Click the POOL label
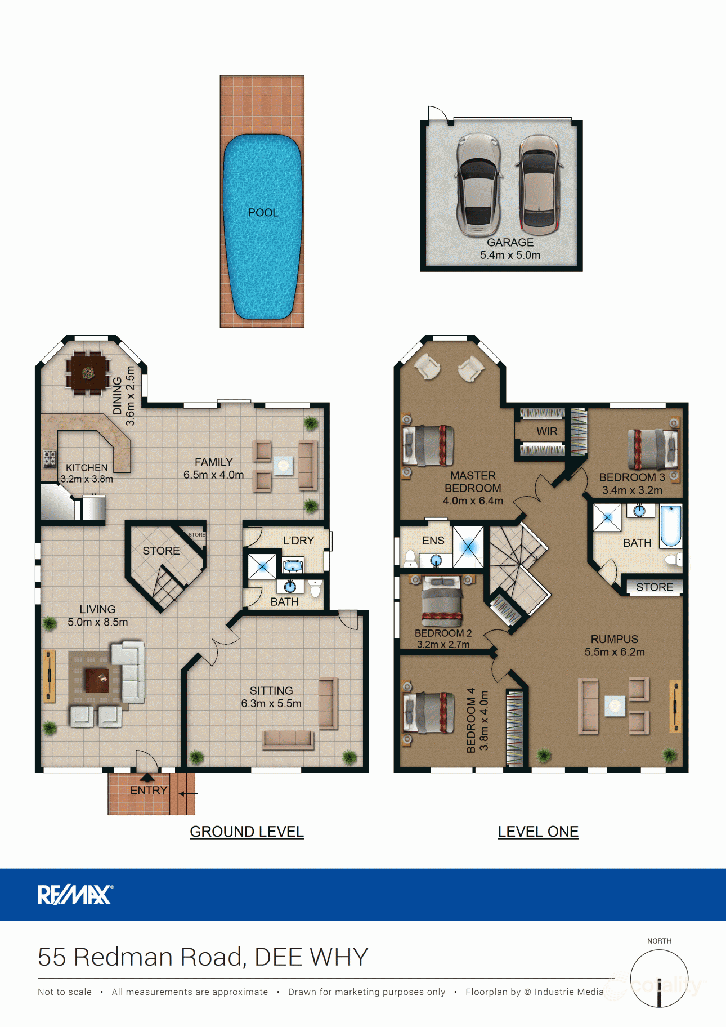pos(263,212)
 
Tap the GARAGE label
pos(510,242)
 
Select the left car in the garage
pos(478,184)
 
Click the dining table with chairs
pos(88,373)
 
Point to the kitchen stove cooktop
pos(50,458)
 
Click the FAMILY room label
pos(213,462)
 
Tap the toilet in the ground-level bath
pos(315,588)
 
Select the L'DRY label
pos(298,541)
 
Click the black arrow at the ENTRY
pos(147,778)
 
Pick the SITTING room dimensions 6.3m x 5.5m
pos(271,703)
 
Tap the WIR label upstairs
pos(546,431)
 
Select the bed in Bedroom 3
pos(653,449)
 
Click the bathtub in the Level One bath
pos(670,526)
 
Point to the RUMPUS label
pos(614,639)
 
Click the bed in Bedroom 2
pos(442,601)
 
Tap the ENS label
pos(433,541)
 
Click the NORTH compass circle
pos(659,978)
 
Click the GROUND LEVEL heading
pos(247,832)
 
